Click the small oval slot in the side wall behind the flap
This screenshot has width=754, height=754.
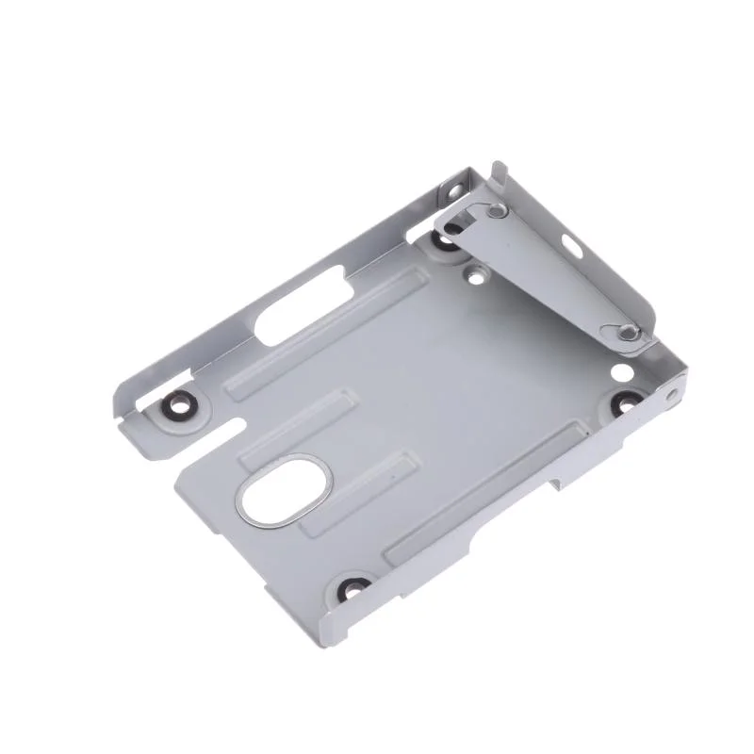click(x=572, y=249)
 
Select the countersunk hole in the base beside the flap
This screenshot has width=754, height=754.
click(x=474, y=276)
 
